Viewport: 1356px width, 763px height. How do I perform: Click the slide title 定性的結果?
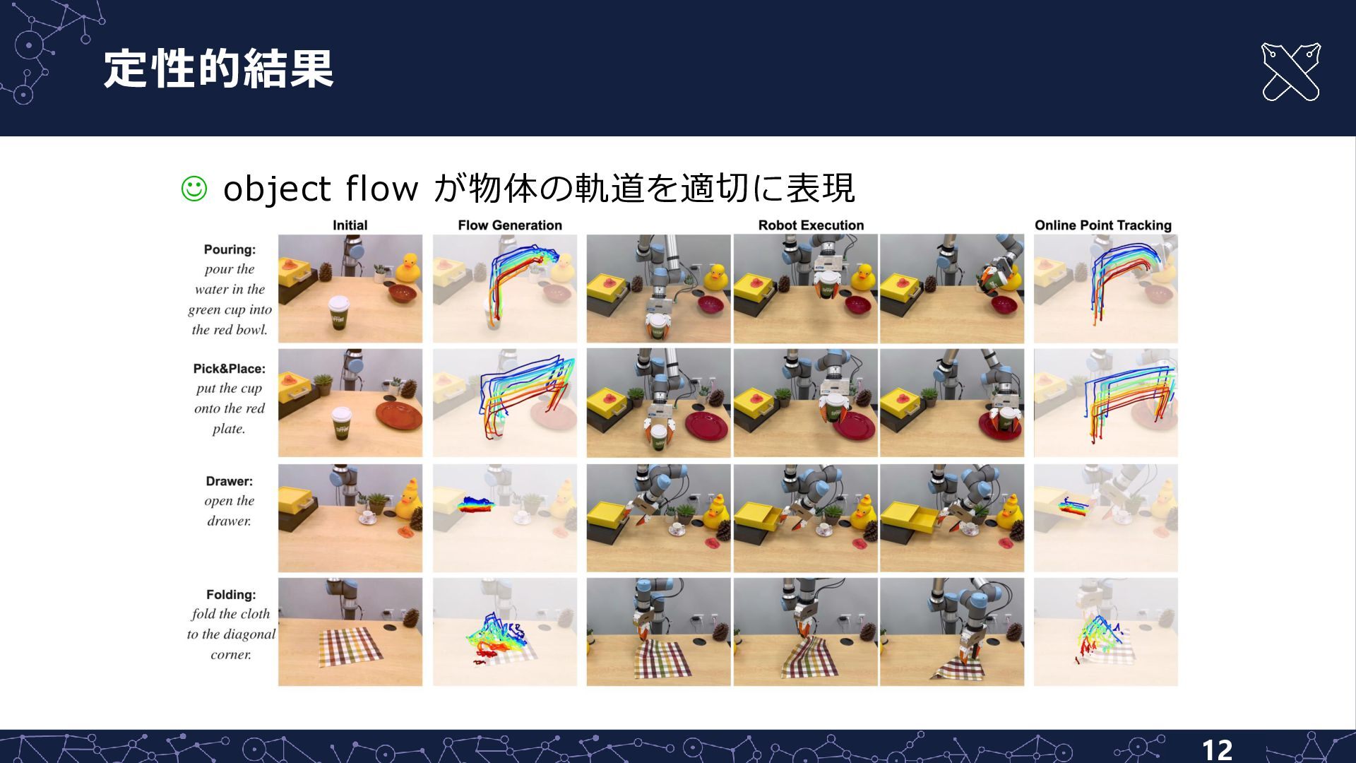[218, 69]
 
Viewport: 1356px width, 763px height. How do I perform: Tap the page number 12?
[1217, 750]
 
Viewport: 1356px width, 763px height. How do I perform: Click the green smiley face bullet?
[194, 189]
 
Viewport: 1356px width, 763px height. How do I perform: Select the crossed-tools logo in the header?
[1290, 72]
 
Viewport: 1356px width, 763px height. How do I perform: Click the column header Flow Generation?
[510, 225]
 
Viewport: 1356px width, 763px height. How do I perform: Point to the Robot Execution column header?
[811, 225]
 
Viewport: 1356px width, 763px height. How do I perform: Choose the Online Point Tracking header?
[1102, 225]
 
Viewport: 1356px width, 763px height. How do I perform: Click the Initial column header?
[350, 225]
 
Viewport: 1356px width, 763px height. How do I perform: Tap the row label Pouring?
[230, 249]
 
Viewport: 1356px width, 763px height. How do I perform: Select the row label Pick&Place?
[230, 369]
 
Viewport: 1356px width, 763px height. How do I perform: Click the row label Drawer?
[229, 481]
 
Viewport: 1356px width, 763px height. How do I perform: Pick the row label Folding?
[231, 595]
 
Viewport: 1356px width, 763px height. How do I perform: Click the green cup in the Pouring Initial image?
[340, 312]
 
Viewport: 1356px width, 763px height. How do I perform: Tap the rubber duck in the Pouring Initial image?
[408, 269]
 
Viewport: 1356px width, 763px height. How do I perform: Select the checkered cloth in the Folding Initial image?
[350, 646]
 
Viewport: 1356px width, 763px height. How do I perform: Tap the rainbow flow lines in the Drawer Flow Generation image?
[475, 504]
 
